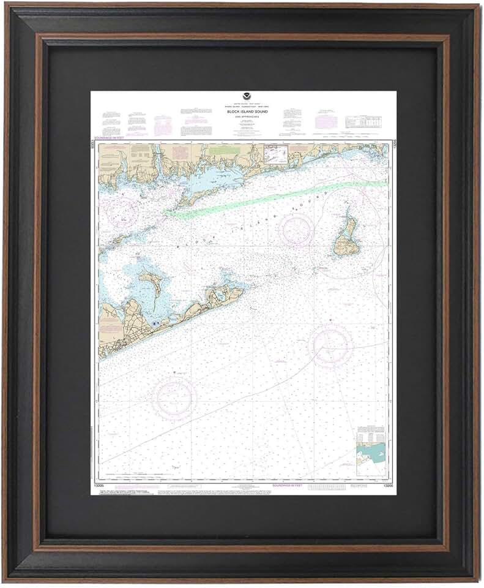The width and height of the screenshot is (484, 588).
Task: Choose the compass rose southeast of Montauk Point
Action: pos(330,345)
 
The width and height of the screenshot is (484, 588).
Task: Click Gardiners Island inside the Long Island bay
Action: pos(151,283)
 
